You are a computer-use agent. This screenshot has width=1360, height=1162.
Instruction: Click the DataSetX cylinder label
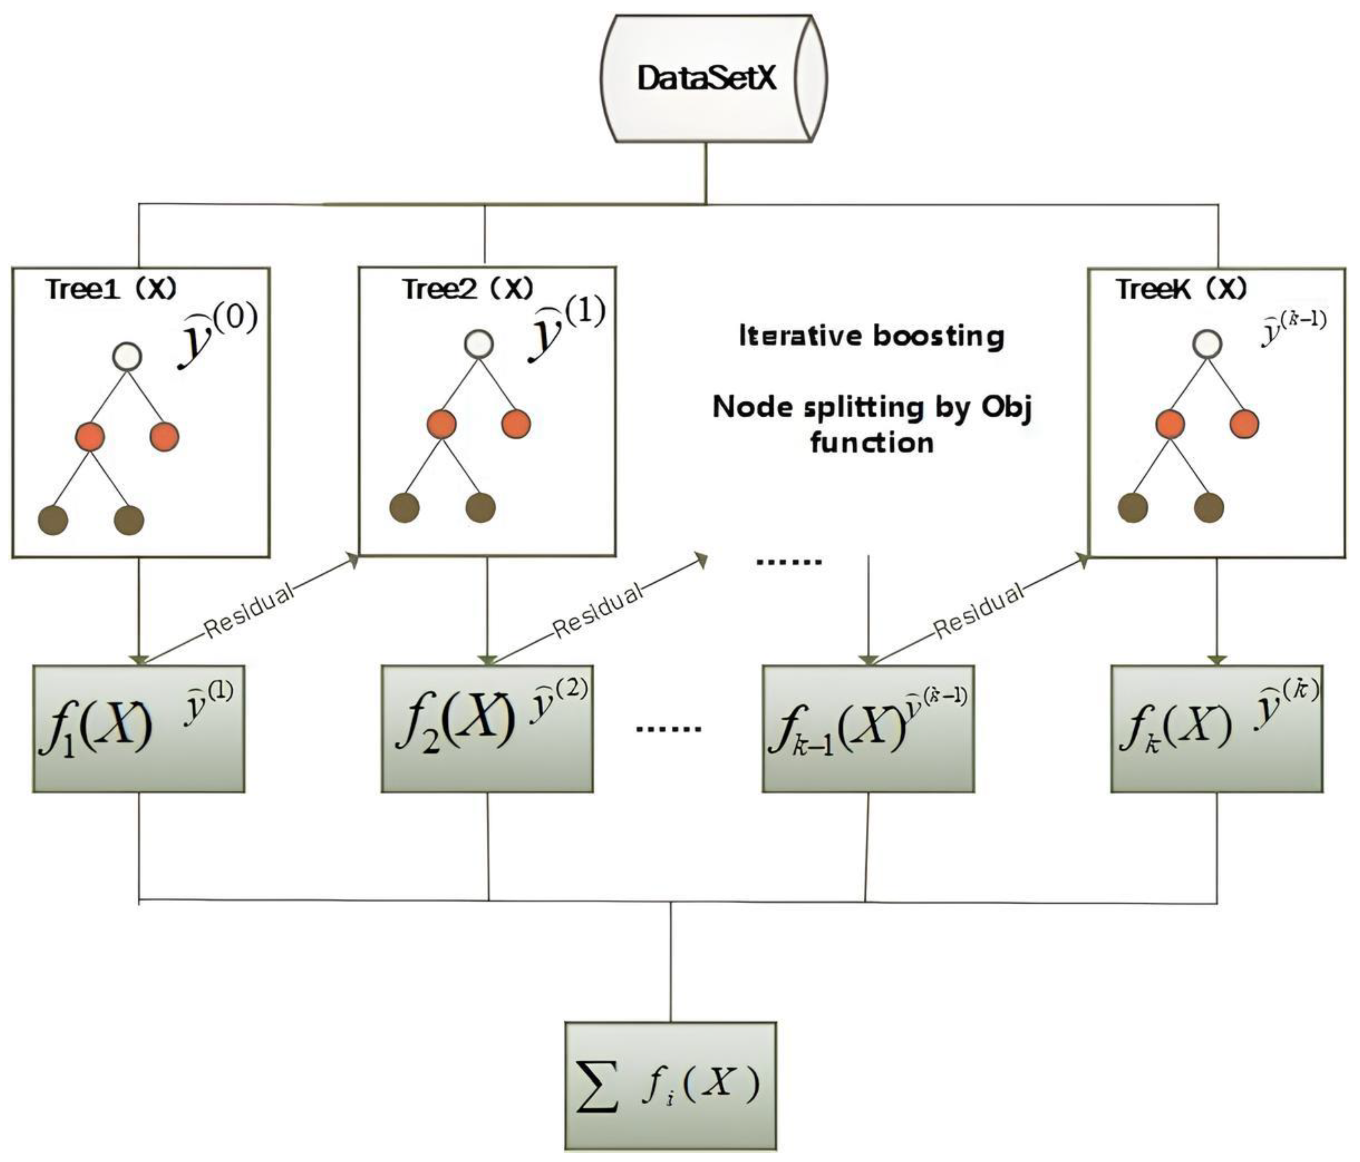click(x=707, y=79)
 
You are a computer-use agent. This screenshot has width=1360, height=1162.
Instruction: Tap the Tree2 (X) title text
click(x=468, y=289)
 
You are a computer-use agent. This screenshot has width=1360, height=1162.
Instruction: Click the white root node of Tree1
click(x=126, y=356)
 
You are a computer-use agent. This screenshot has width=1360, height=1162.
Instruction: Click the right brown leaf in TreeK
click(x=1209, y=507)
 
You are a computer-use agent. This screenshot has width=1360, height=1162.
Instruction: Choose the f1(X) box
click(x=139, y=729)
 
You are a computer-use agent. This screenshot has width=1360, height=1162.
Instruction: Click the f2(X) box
click(x=487, y=729)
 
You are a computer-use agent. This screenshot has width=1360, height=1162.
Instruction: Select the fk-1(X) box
click(x=868, y=729)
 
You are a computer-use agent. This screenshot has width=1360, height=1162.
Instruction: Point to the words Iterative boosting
click(x=871, y=336)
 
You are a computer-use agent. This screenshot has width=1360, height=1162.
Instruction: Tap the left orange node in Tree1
click(x=90, y=436)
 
